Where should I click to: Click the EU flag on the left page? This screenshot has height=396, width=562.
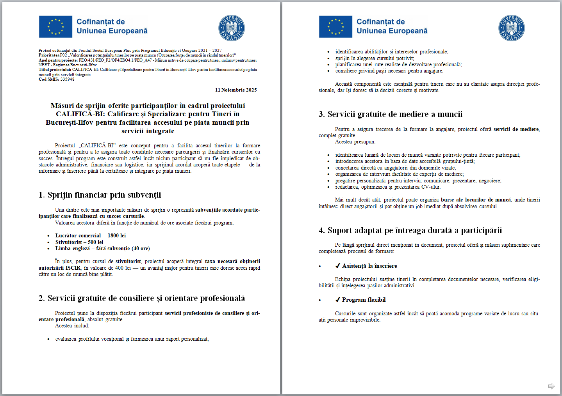click(55, 27)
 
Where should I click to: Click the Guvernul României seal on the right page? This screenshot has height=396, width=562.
click(511, 28)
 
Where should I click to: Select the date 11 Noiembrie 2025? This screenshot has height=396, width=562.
click(236, 90)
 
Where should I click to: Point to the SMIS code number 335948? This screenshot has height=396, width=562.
click(67, 79)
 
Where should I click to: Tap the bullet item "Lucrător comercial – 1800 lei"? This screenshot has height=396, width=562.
click(91, 236)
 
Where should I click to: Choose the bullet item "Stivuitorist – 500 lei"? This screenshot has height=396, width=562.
click(79, 242)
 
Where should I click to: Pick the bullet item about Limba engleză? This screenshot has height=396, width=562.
click(102, 249)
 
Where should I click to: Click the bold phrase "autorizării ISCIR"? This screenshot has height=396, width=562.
click(59, 268)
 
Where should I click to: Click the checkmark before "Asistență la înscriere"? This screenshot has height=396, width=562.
click(338, 266)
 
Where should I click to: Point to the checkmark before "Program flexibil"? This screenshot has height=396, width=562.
click(338, 300)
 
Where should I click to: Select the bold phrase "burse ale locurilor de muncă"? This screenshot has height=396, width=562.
click(476, 200)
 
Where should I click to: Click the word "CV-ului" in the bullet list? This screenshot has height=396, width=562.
click(430, 187)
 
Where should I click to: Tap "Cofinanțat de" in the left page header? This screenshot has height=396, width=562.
click(101, 22)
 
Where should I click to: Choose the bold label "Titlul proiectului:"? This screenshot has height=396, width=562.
click(55, 70)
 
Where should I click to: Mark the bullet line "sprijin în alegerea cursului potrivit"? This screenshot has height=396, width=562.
click(375, 58)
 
